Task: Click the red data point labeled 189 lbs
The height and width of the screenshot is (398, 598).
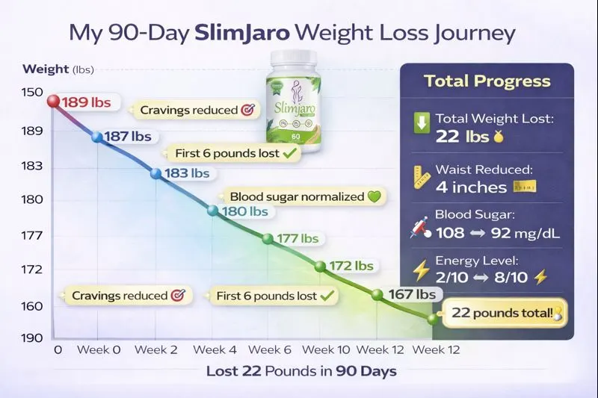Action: (53, 101)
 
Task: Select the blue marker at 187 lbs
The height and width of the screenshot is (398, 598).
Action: (97, 137)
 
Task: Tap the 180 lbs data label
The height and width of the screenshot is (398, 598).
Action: (247, 211)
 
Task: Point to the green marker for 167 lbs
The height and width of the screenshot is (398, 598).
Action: (377, 294)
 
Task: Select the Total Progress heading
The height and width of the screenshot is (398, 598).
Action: (487, 81)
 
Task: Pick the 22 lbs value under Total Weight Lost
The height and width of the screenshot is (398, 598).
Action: (454, 136)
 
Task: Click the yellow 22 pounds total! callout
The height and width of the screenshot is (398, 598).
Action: (505, 314)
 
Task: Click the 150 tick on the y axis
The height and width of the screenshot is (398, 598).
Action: (32, 93)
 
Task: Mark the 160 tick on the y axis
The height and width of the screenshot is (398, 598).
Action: (32, 306)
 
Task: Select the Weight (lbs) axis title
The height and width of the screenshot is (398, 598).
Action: (57, 69)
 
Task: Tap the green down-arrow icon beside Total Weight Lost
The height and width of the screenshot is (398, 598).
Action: (422, 124)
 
